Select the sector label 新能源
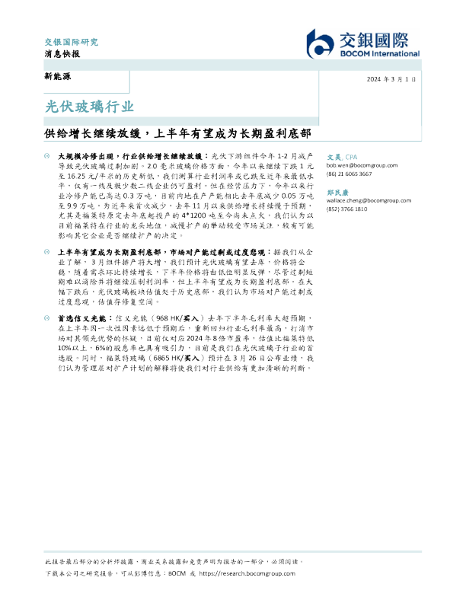point(58,78)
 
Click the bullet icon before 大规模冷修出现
point(49,155)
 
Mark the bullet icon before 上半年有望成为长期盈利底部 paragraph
point(49,250)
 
